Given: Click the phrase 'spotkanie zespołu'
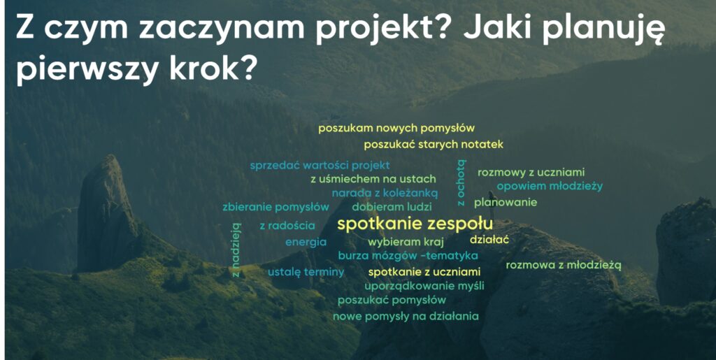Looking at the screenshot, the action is coord(415,224).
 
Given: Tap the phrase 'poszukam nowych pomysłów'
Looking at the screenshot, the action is coord(396,128).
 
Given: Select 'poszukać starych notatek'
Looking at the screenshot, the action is coord(434,145).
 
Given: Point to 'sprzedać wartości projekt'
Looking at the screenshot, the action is coord(320,165).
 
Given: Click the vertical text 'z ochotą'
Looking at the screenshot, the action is coord(461,182).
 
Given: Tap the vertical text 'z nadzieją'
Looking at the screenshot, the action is coord(236,250).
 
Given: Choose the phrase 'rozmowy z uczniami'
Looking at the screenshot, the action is coord(531,173).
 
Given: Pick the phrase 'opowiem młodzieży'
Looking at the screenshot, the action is coord(550,186).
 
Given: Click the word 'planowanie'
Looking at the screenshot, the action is coord(506,202).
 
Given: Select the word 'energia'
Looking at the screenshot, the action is coord(306,243).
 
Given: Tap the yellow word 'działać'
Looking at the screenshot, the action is coord(489,240).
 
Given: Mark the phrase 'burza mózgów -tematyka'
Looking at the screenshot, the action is coord(408,256).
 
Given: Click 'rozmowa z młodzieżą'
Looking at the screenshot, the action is coord(564,265).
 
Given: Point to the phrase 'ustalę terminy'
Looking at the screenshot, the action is coord(306,273).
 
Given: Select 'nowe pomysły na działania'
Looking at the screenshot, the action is coord(406,316).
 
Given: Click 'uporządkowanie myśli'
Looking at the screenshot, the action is coord(424,286).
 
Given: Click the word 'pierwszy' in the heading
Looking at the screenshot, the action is coord(87,69).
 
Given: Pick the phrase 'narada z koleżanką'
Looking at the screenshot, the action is coord(385,194).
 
